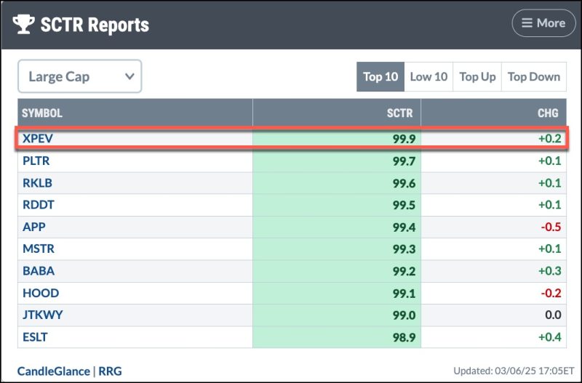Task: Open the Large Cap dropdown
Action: click(80, 76)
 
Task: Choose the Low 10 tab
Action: click(429, 76)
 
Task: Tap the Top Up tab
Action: click(477, 76)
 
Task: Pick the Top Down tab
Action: click(533, 76)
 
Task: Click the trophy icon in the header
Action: click(24, 24)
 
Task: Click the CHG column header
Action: click(548, 113)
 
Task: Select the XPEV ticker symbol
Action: click(37, 138)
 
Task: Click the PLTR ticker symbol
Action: click(36, 161)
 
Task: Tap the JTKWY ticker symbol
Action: click(41, 315)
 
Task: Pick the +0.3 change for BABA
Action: click(548, 271)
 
